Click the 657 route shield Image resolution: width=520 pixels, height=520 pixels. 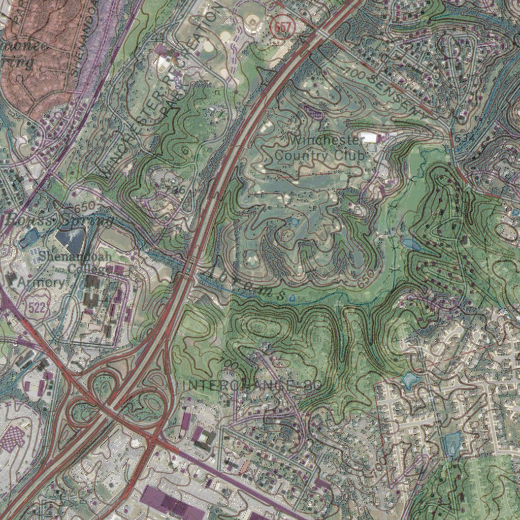click(x=283, y=27)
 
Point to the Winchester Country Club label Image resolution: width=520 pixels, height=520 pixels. click(x=320, y=147)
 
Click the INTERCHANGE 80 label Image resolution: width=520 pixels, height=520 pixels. click(x=251, y=385)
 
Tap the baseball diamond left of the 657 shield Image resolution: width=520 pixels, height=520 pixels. click(x=252, y=21)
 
